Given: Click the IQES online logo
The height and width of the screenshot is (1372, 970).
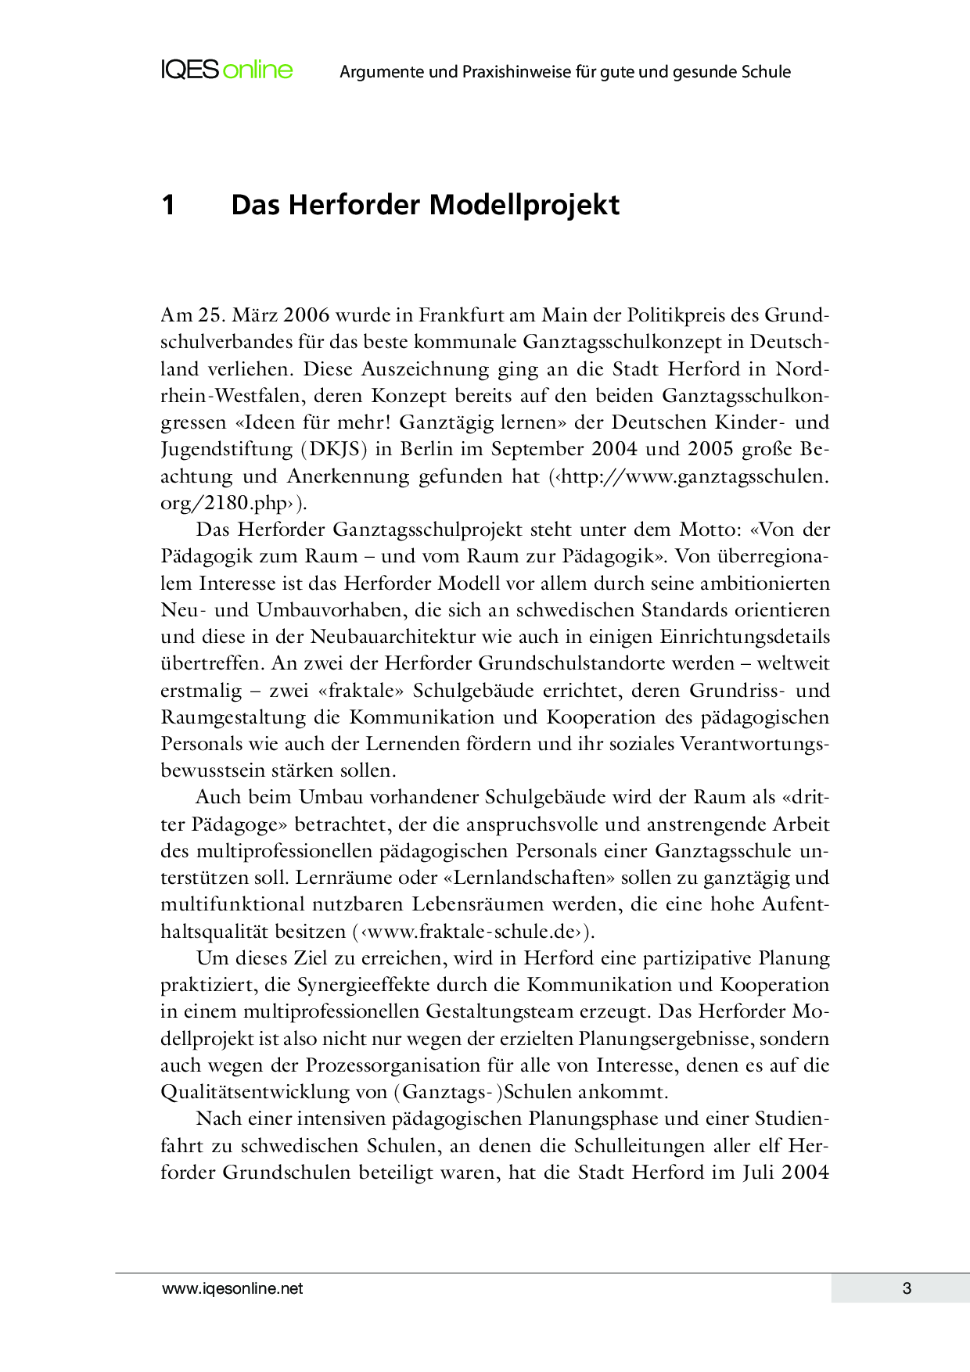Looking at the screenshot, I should tap(227, 70).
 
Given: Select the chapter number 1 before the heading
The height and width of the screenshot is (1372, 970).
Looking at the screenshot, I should tap(168, 205).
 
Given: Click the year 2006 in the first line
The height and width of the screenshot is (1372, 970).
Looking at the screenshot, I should tap(307, 315).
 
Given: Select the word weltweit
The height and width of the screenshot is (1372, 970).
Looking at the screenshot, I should tap(793, 663).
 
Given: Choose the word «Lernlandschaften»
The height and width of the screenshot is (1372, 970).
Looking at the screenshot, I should tap(529, 878).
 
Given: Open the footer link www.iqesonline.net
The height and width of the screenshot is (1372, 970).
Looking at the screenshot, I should tap(232, 1288).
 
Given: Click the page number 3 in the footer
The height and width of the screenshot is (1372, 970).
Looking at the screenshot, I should tap(907, 1288).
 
